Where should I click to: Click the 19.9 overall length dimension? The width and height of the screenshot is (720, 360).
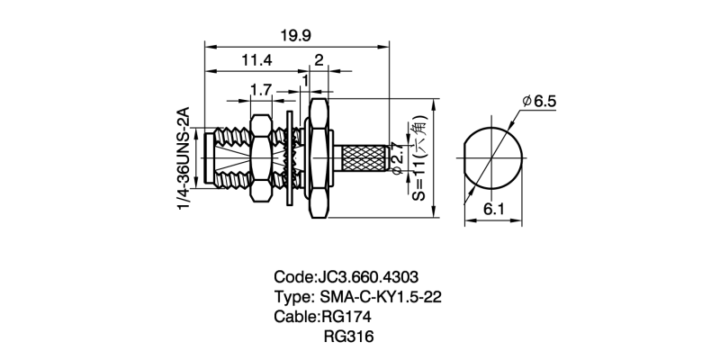tap(296, 36)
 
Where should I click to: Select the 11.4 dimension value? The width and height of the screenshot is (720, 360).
tap(256, 61)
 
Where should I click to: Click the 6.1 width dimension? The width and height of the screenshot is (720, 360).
tap(493, 210)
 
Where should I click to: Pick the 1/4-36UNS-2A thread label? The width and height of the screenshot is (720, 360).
tap(183, 160)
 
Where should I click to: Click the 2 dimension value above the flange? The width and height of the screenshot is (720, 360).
tap(319, 61)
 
